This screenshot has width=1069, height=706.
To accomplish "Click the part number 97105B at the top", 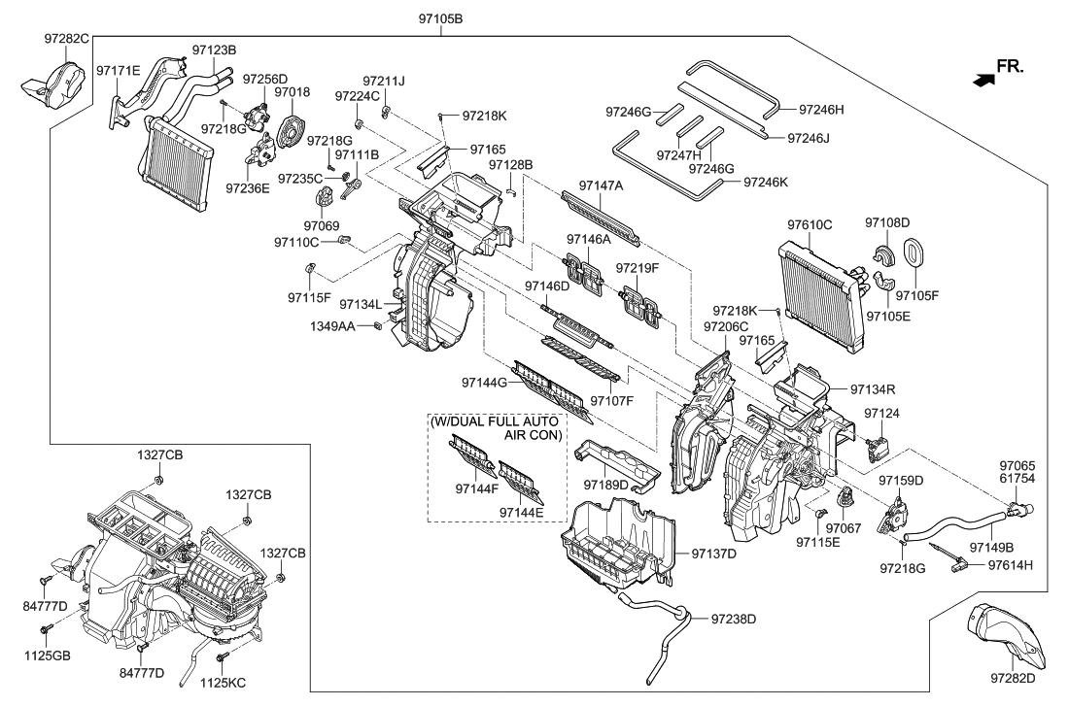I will (443, 18).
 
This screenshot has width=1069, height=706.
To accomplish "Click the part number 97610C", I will (809, 224).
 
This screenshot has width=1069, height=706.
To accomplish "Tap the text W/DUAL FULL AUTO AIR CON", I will (497, 429).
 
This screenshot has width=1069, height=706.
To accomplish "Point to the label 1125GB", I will (47, 656).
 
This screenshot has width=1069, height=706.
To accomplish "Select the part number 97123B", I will (215, 48).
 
